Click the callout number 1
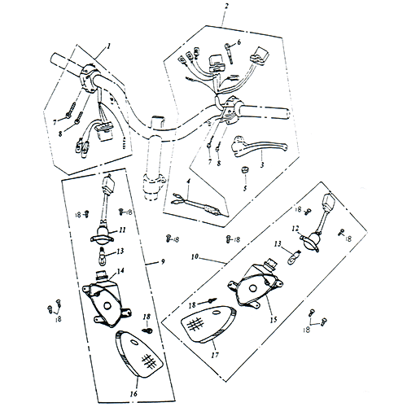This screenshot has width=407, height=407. tap(109, 46)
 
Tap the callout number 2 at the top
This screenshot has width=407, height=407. tap(226, 6)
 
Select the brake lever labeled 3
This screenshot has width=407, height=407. tap(259, 147)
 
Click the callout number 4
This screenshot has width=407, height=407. tap(189, 181)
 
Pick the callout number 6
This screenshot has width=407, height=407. tap(239, 42)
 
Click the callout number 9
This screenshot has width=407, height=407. tap(163, 261)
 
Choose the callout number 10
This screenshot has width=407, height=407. tap(195, 256)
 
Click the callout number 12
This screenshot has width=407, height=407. tap(295, 229)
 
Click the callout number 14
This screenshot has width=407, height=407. tap(120, 271)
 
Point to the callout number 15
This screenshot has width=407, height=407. tap(274, 319)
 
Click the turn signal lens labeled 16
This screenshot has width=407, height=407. tap(139, 354)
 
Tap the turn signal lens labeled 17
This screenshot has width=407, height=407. tap(208, 324)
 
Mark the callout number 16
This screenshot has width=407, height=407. tap(133, 393)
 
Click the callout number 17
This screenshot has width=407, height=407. tap(215, 355)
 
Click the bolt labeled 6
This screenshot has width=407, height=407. tap(229, 54)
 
